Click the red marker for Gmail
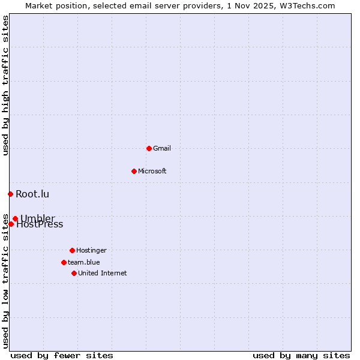149,148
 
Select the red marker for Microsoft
134,171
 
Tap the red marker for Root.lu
10,194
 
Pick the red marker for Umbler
15,218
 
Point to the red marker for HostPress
11,224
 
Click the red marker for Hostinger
72,250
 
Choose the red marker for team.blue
64,262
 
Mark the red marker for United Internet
74,273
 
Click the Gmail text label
162,148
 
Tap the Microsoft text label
152,171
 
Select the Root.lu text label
32,194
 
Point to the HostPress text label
40,225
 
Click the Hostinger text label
91,250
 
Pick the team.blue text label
84,262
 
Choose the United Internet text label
103,273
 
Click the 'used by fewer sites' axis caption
62,355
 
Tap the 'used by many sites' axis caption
301,355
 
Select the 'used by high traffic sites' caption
5,85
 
